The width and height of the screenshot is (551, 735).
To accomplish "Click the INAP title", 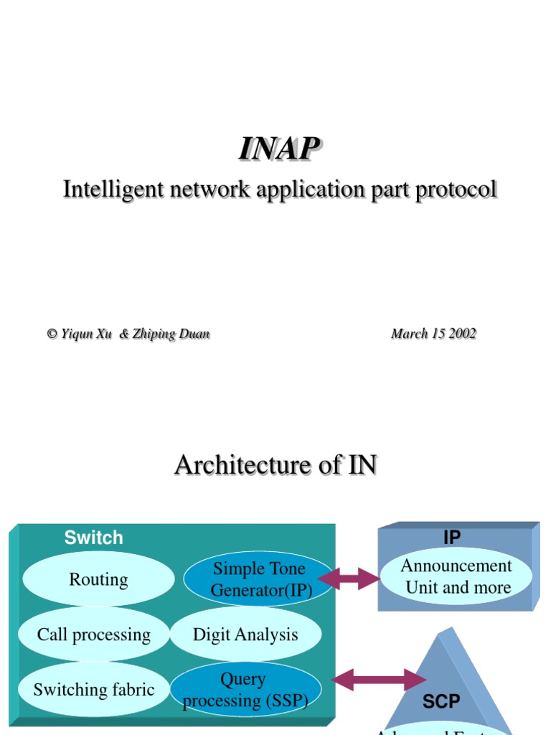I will [279, 149].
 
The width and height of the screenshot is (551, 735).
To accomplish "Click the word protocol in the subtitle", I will [456, 189].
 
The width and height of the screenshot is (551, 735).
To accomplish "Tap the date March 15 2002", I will [433, 334].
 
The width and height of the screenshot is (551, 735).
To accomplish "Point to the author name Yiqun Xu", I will [86, 334].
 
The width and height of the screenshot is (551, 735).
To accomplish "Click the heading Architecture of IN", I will [275, 465].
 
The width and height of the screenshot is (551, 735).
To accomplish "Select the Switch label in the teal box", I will [93, 538].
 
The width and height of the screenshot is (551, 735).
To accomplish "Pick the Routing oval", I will [98, 579].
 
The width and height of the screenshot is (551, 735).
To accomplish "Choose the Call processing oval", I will [94, 635].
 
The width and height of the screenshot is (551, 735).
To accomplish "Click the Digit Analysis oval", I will [245, 635].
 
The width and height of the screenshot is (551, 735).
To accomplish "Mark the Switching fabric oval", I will [94, 690].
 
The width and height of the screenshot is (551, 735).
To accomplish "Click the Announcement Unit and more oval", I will [457, 576].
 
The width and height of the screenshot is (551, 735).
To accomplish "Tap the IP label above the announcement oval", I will [452, 538].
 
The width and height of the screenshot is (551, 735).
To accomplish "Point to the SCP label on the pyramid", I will [441, 701].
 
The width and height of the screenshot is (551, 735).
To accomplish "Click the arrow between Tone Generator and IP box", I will [349, 579].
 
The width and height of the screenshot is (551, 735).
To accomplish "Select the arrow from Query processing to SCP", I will [379, 680].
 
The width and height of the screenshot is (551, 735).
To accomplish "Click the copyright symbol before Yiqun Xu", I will [52, 334].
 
